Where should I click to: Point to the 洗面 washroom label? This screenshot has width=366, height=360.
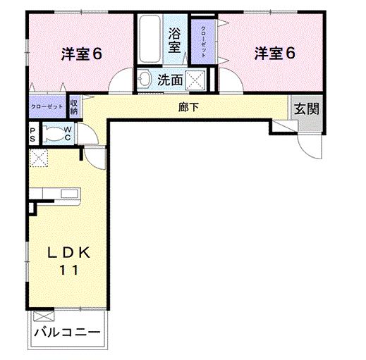(x=170, y=80)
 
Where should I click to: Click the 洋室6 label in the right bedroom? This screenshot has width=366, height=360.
(x=274, y=54)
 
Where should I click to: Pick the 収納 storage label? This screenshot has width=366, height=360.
(x=74, y=106)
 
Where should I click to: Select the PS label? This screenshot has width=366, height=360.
(x=32, y=133)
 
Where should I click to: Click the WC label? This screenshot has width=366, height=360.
(x=67, y=133)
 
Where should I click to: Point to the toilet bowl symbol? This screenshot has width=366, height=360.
(x=51, y=133)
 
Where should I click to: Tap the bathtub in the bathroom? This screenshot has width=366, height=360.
(x=149, y=41)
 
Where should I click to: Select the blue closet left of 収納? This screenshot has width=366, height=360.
(x=47, y=106)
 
